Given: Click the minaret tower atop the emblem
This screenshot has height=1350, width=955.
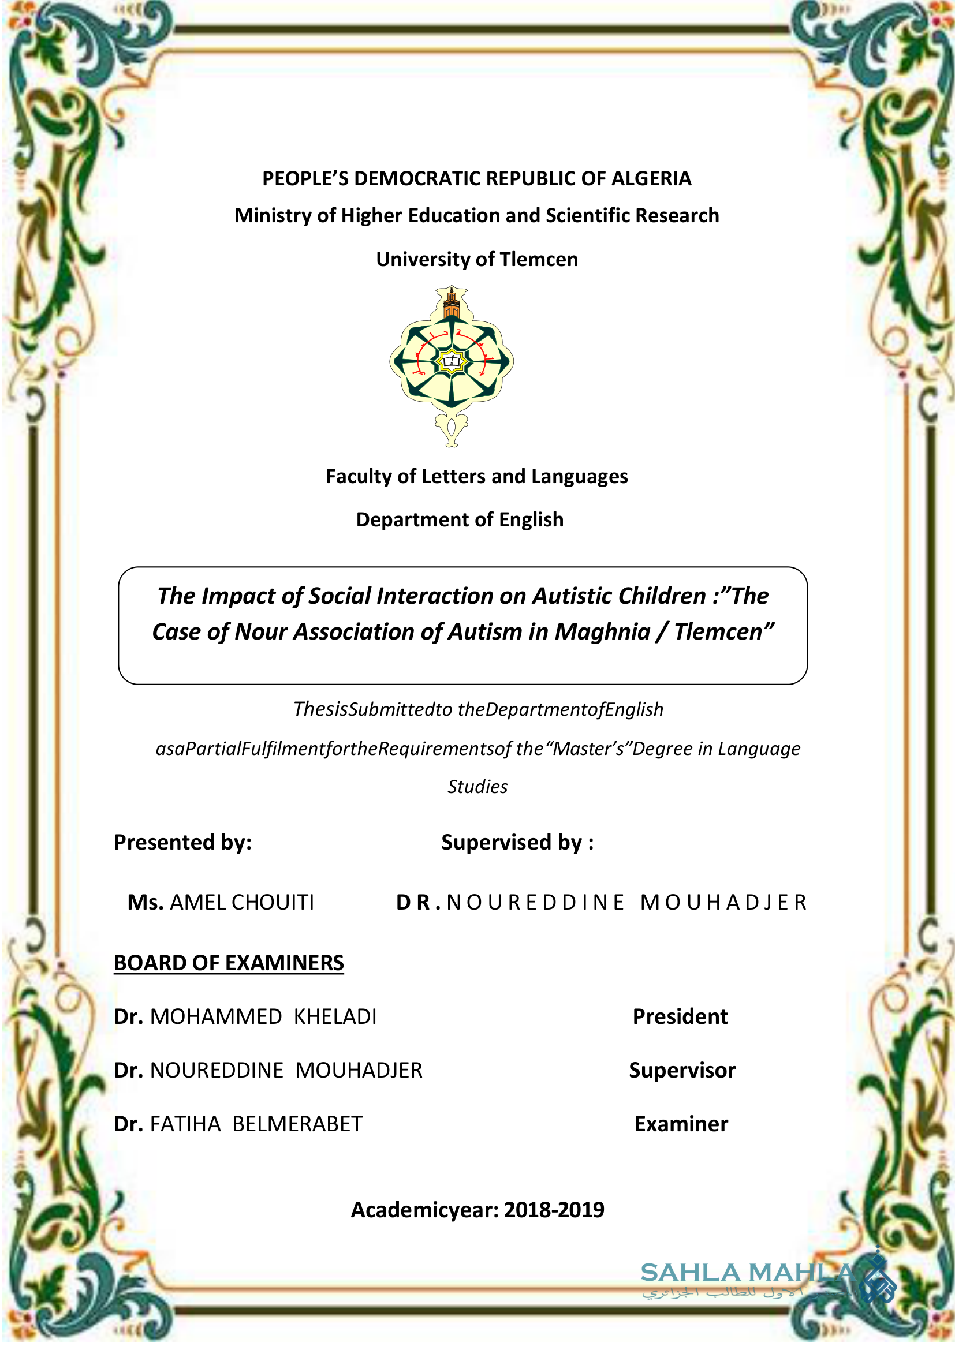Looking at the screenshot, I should coord(452,303).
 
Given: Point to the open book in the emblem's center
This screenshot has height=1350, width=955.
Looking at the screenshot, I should coord(452,361).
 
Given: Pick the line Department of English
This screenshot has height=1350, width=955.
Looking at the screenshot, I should coord(460,520).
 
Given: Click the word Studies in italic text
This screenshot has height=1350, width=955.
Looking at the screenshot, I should coord(477,787).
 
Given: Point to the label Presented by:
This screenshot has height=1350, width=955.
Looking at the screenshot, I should coord(183,843).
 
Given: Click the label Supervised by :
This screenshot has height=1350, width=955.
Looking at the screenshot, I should coord(517,843).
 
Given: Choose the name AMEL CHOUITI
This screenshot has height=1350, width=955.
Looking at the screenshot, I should coord(242,903).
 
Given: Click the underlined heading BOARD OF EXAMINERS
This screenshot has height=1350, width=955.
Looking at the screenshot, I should coord(229,963).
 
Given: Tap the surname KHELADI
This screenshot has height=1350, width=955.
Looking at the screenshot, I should coord(335,1016).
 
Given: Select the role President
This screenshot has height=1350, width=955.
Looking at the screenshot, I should coord(680,1016).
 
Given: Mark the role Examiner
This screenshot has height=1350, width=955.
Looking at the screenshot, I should coord(681,1124).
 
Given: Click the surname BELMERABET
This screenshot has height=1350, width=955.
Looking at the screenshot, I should coord(297,1124).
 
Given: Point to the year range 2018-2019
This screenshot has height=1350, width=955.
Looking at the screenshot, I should coord(554,1210).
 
